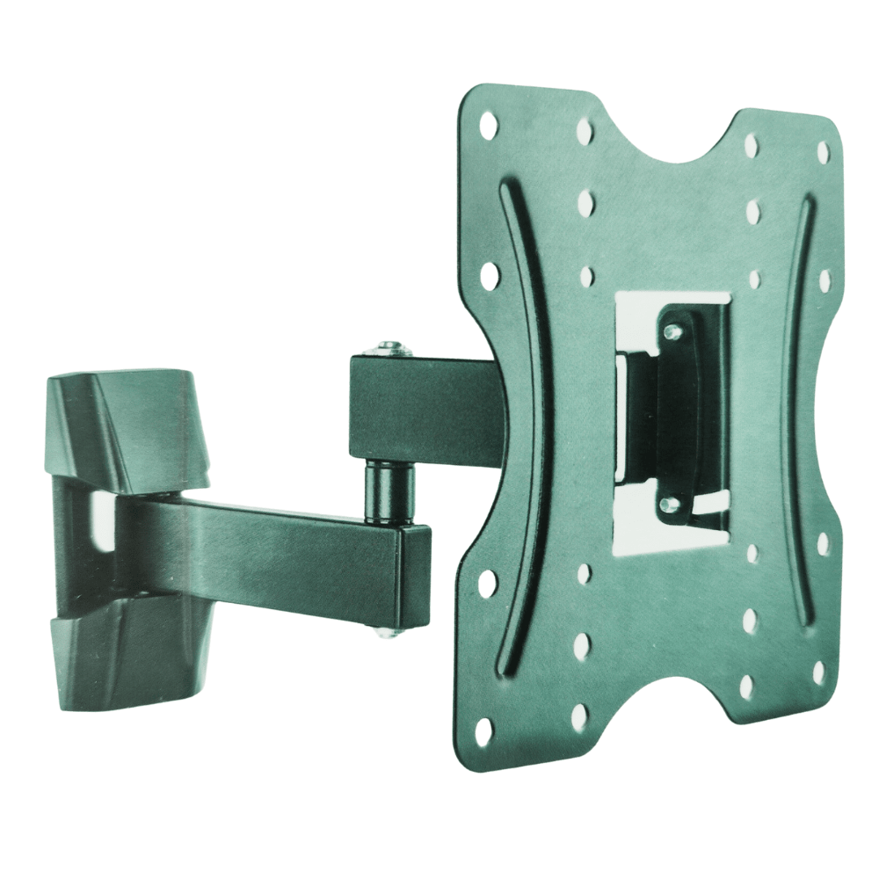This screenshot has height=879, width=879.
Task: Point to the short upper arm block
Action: pyautogui.click(x=413, y=409)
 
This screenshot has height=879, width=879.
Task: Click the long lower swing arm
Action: pyautogui.click(x=281, y=549)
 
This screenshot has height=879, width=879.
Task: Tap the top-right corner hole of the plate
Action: pyautogui.click(x=823, y=152)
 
